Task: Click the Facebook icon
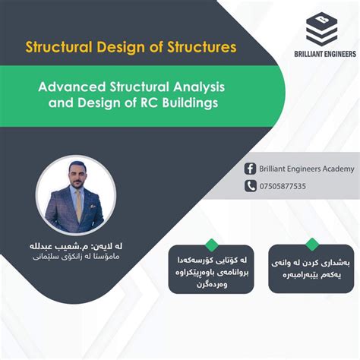click(x=250, y=169)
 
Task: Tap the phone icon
click(x=250, y=186)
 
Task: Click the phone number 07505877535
click(x=282, y=186)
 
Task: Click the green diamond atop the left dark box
click(x=212, y=244)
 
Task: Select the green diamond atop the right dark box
click(x=311, y=244)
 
